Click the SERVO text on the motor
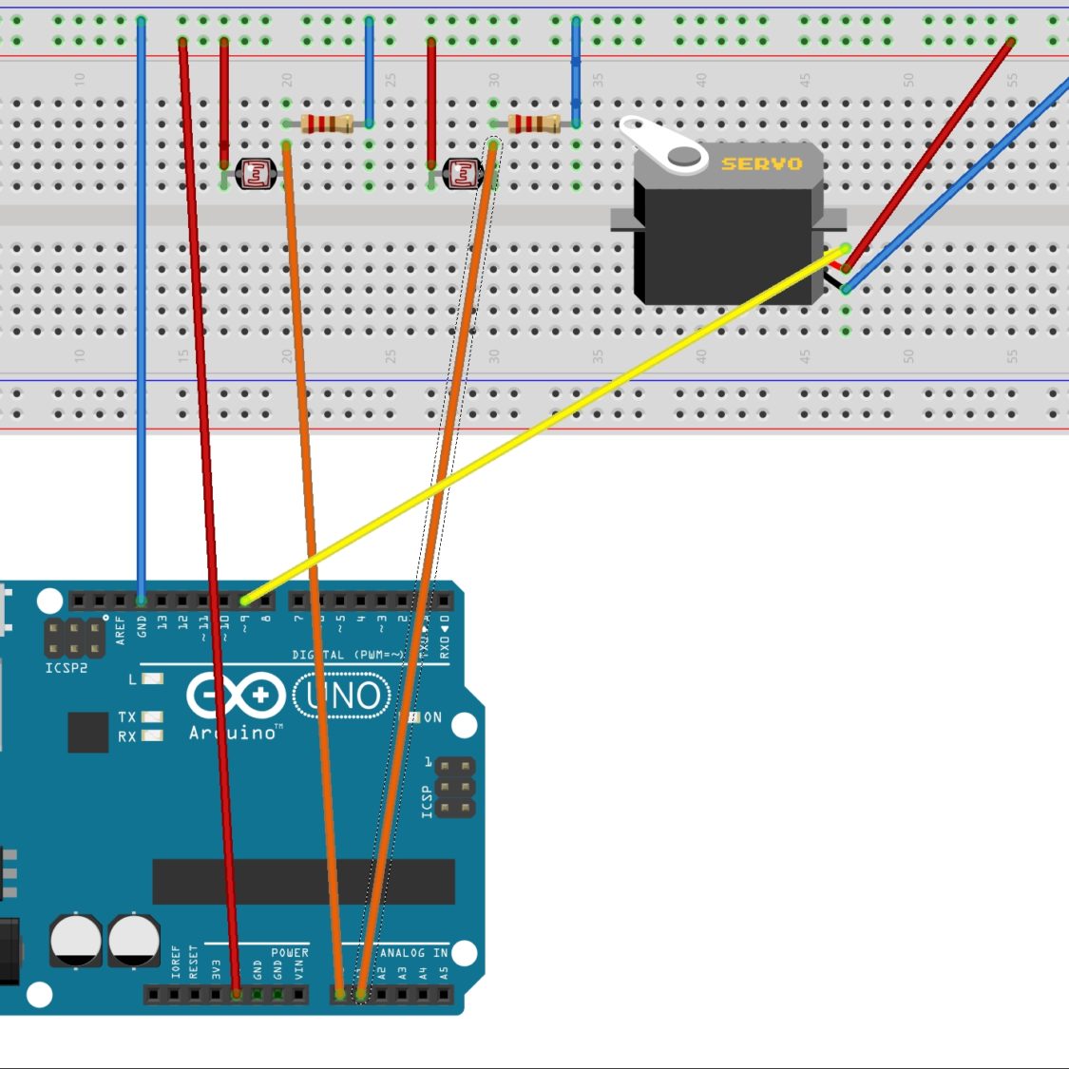pyautogui.click(x=761, y=163)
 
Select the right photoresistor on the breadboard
pyautogui.click(x=463, y=173)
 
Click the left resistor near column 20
pyautogui.click(x=326, y=123)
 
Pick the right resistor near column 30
pyautogui.click(x=533, y=123)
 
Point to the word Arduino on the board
pyautogui.click(x=233, y=733)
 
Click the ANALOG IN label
pyautogui.click(x=413, y=952)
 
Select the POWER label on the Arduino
pyautogui.click(x=290, y=952)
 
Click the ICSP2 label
pyautogui.click(x=67, y=668)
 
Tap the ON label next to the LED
pyautogui.click(x=432, y=717)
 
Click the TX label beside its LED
pyautogui.click(x=127, y=717)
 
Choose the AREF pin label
pyautogui.click(x=121, y=630)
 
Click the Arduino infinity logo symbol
pyautogui.click(x=236, y=696)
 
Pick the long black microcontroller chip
pyautogui.click(x=304, y=882)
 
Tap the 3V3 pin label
pyautogui.click(x=216, y=968)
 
